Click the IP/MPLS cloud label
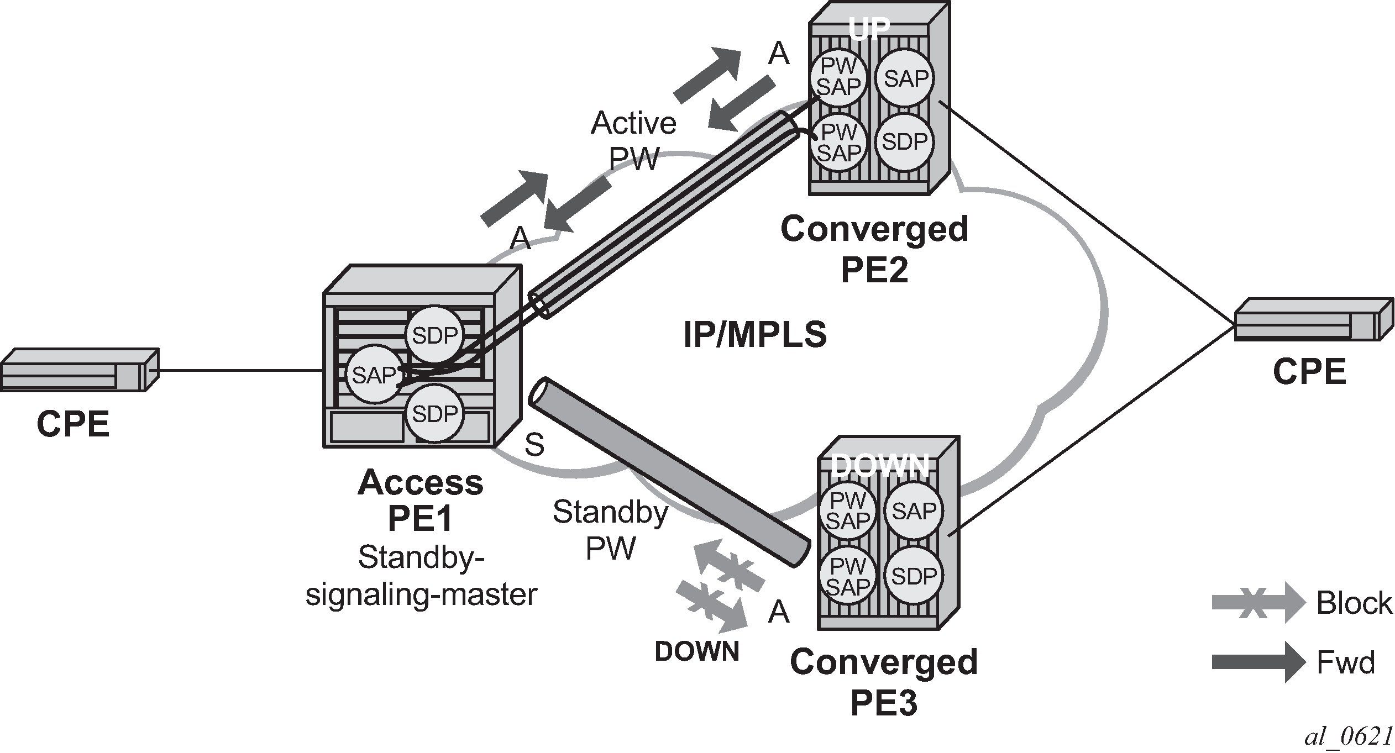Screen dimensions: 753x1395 [x=755, y=335]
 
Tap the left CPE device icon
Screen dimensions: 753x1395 [x=79, y=370]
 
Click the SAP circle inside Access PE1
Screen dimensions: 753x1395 [x=374, y=376]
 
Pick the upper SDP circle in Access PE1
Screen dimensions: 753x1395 [x=435, y=335]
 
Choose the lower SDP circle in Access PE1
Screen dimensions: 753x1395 [x=435, y=413]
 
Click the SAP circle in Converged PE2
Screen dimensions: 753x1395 [x=905, y=79]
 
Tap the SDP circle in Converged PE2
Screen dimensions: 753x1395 [x=904, y=142]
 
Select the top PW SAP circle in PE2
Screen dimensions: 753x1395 [x=838, y=77]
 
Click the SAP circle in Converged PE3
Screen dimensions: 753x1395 [x=914, y=510]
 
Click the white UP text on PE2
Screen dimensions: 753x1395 [x=869, y=29]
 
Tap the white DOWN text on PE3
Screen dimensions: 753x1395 [x=879, y=465]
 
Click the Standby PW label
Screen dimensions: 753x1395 [x=610, y=530]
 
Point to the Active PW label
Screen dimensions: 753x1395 [x=633, y=141]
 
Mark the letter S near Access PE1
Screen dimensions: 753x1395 [x=534, y=444]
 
